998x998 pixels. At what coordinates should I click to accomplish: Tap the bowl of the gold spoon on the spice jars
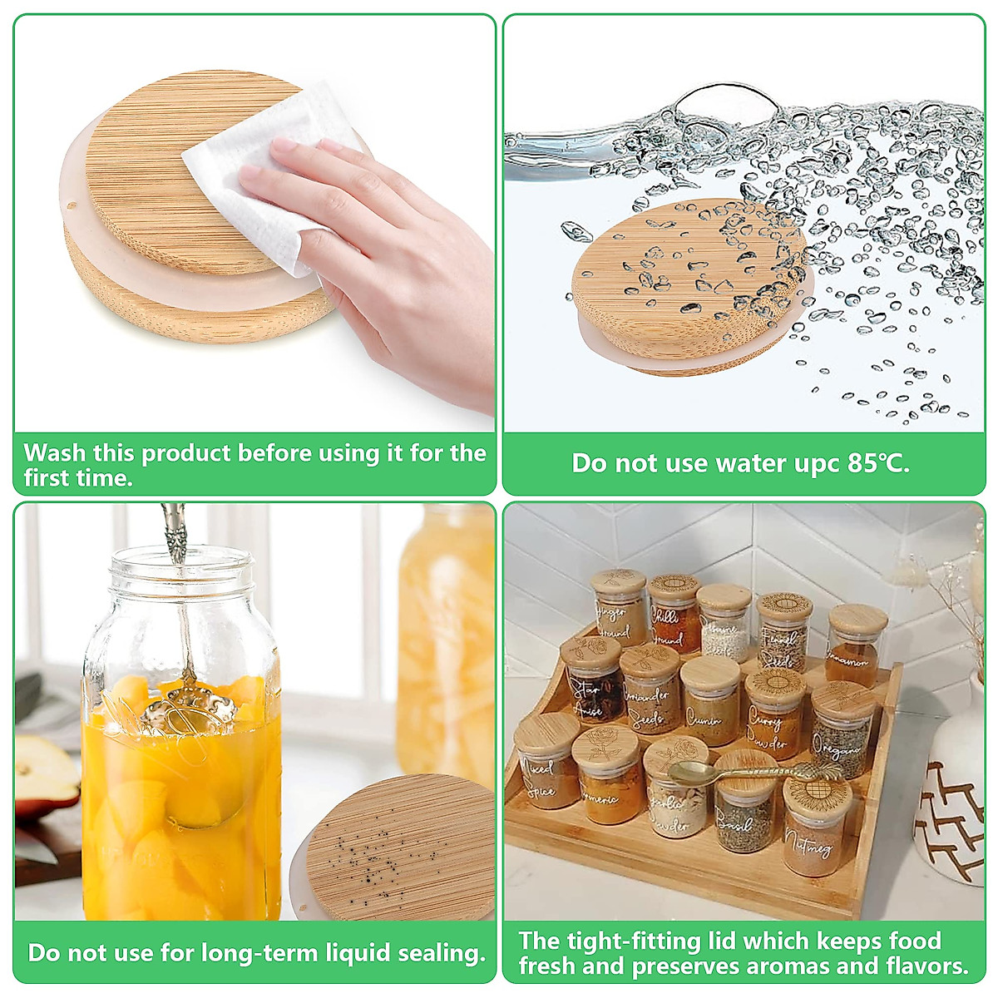(x=684, y=773)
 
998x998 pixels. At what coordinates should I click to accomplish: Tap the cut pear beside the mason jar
(x=46, y=769)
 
